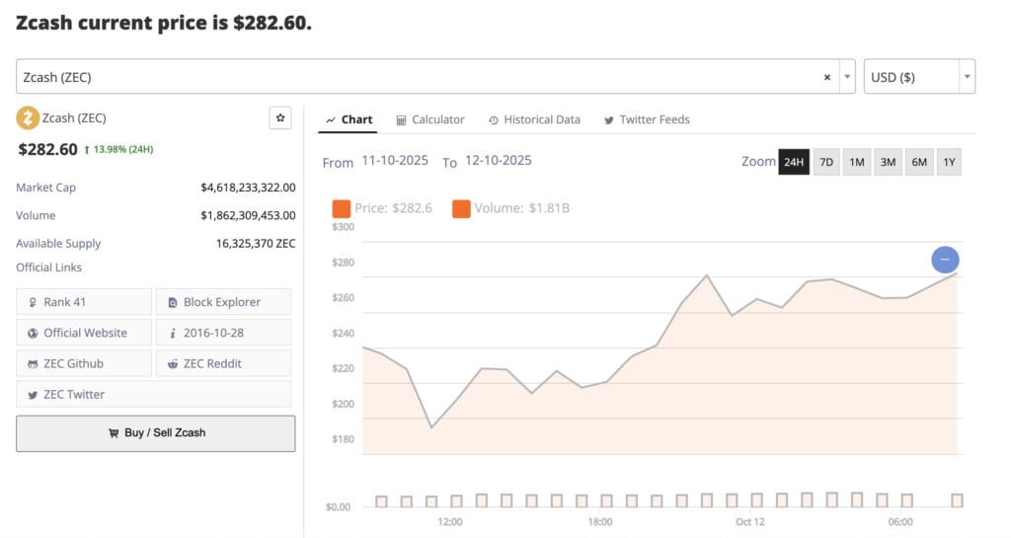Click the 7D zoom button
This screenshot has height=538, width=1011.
click(826, 162)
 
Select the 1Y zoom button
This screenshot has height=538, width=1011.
click(949, 162)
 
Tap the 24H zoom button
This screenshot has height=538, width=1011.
click(794, 162)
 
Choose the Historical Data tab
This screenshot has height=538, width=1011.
click(534, 119)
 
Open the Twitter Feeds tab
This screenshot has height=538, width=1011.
click(647, 119)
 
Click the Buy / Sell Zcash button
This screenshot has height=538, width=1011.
click(155, 433)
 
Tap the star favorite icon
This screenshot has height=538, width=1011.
click(280, 118)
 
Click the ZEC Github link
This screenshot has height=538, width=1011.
click(84, 363)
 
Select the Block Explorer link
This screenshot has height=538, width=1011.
click(223, 302)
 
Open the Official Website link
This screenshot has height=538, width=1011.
click(84, 333)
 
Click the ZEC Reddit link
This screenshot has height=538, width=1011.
click(223, 363)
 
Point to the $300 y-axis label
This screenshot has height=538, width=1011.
click(343, 227)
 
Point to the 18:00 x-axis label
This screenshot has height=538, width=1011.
click(599, 521)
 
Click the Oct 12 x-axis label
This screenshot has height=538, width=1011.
click(749, 521)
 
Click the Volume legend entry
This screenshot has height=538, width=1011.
click(510, 208)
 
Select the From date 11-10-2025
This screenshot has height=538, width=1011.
click(395, 161)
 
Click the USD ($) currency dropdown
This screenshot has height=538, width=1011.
click(919, 77)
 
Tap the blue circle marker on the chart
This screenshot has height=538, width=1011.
click(945, 260)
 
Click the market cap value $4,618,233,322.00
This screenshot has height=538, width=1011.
click(248, 188)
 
